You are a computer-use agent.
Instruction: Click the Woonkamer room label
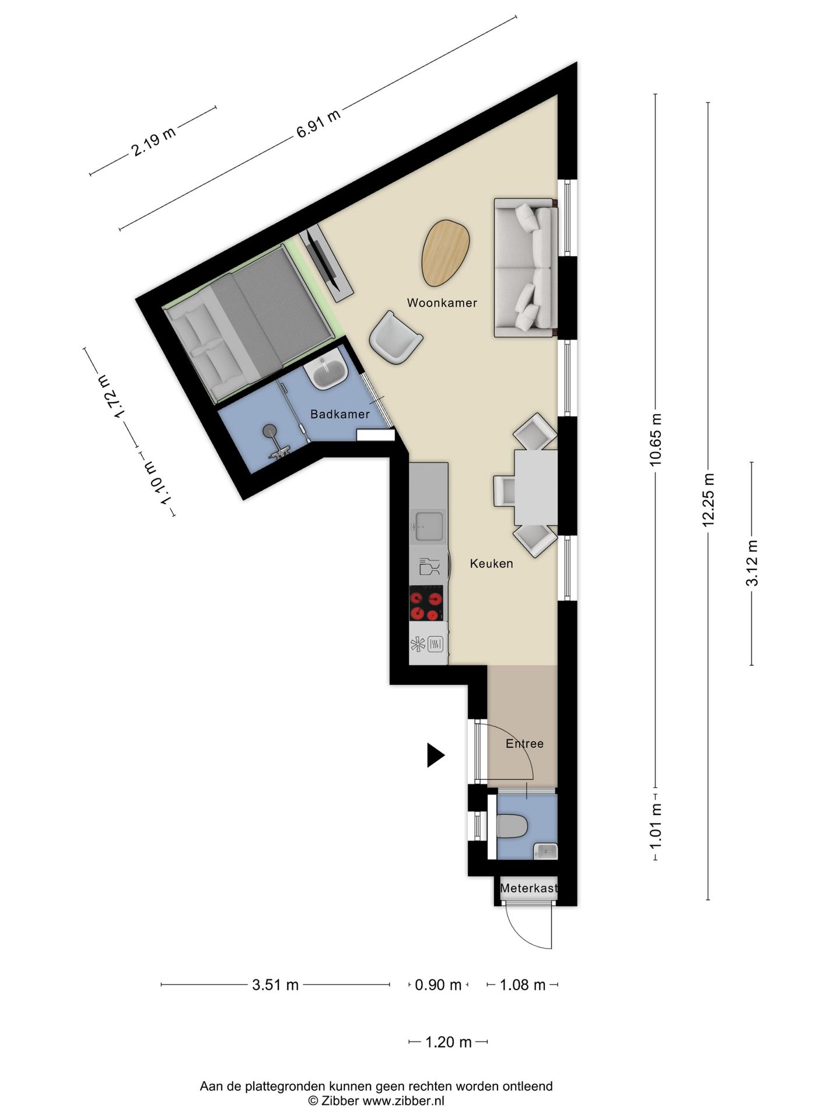[442, 303]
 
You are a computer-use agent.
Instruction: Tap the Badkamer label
[339, 414]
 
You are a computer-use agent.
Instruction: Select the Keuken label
[491, 563]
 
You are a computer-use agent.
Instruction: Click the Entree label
[524, 744]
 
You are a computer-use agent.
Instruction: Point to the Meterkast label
[528, 889]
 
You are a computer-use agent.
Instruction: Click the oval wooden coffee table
[446, 253]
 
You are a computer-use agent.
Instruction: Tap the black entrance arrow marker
[435, 755]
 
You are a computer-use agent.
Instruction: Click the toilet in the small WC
[512, 826]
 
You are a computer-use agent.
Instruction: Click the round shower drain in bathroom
[270, 430]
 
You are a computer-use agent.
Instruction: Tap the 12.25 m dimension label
[708, 500]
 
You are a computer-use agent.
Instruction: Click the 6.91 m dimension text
[318, 124]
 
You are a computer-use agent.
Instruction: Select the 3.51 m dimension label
[275, 985]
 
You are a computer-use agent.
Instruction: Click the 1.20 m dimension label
[448, 1042]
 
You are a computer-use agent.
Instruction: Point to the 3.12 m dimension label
[752, 563]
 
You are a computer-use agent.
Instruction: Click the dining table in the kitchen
[535, 487]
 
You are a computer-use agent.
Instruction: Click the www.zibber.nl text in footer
[403, 1101]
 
